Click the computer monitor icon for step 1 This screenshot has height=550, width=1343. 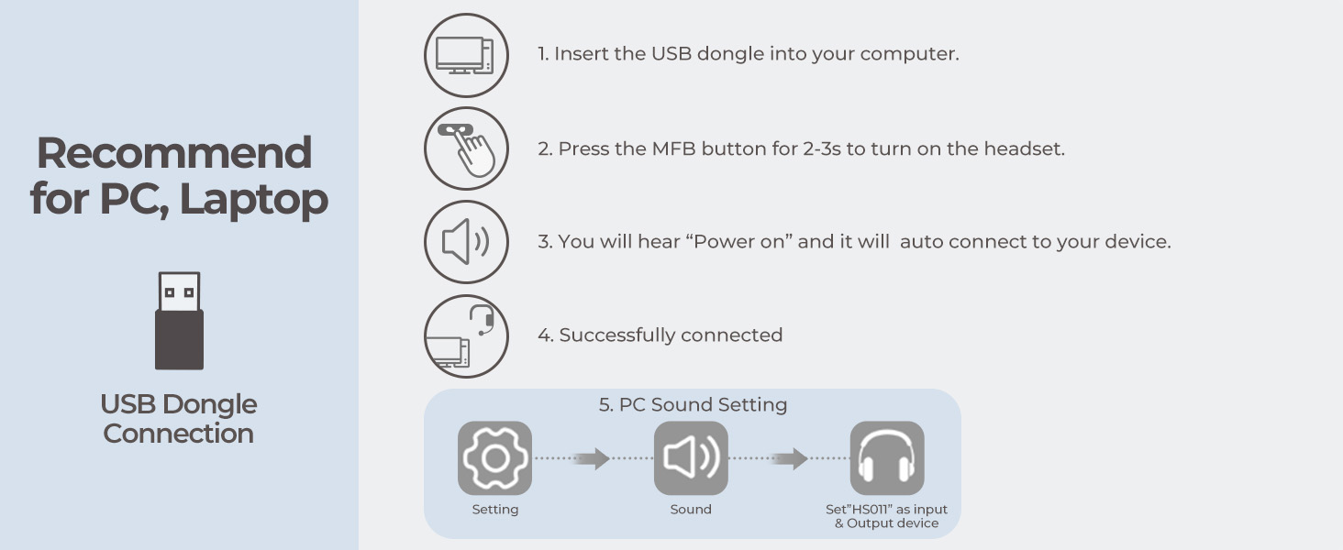(x=465, y=55)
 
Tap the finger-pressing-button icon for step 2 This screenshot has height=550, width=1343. (x=465, y=148)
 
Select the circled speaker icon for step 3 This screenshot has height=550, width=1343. (x=465, y=242)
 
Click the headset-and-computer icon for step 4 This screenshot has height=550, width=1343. (x=465, y=335)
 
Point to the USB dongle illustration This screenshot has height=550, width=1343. (x=179, y=321)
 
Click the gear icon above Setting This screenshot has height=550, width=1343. (x=494, y=458)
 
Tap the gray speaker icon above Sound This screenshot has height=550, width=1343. (x=691, y=458)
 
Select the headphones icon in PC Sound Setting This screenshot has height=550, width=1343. (x=886, y=458)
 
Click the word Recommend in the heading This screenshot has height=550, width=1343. (x=174, y=153)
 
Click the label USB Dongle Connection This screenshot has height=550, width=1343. (x=179, y=419)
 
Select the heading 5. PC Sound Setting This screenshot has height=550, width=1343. (x=693, y=404)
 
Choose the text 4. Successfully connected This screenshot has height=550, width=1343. (x=660, y=335)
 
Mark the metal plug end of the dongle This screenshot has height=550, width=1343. (x=179, y=291)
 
